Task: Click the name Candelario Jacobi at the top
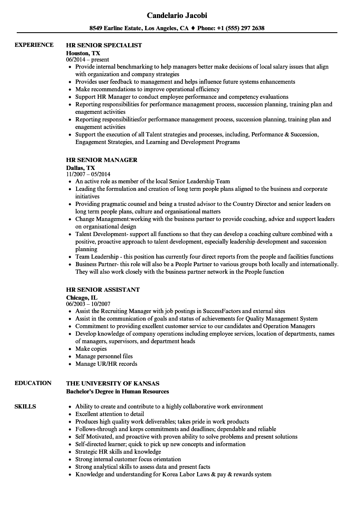pos(177,15)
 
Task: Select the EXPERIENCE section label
pos(34,45)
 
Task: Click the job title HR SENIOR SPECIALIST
pos(104,45)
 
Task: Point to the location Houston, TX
pos(83,53)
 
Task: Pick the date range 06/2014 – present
pos(87,59)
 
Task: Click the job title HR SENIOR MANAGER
pos(102,160)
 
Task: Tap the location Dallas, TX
pos(80,168)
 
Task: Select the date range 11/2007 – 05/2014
pos(88,174)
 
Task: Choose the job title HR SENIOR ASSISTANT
pos(103,290)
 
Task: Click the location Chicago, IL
pos(82,298)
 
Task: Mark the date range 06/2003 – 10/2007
pos(88,304)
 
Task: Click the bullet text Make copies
pos(91,349)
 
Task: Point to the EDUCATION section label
pos(33,383)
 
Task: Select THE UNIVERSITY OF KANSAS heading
pos(113,383)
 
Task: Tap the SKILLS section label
pos(25,406)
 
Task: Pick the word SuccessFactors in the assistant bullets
pos(222,311)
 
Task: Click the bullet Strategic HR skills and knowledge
pos(118,452)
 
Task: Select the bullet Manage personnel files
pos(104,356)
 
